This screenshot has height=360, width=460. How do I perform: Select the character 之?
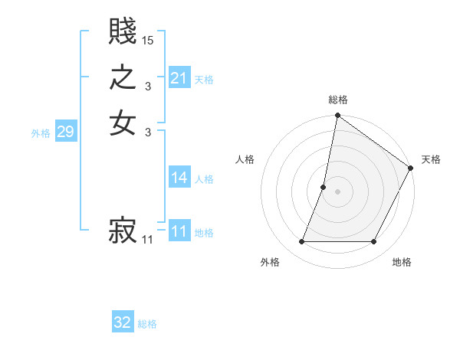coord(123,78)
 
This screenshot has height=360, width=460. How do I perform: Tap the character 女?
coord(123,123)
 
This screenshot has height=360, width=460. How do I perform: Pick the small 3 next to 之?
coord(148,86)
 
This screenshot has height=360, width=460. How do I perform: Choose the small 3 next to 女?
coord(148,132)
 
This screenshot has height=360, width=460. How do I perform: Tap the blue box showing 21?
coord(179,78)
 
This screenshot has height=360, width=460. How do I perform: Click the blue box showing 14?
coord(179,178)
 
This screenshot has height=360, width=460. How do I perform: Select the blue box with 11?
coord(179,231)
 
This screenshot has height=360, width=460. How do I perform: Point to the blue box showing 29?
coord(65,132)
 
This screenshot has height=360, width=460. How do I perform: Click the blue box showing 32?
coord(123,322)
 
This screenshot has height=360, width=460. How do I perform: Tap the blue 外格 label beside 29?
coord(41,133)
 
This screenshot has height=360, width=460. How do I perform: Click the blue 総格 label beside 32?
coord(147,324)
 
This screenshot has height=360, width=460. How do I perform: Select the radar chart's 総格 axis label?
coord(338,100)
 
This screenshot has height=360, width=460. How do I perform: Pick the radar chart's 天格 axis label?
coord(431,159)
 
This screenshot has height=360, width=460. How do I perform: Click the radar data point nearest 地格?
coord(374,242)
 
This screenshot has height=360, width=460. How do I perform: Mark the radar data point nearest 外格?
coord(301,242)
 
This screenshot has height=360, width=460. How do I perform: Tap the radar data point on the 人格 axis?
coord(324,187)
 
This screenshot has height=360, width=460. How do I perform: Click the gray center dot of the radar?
coord(337,191)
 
